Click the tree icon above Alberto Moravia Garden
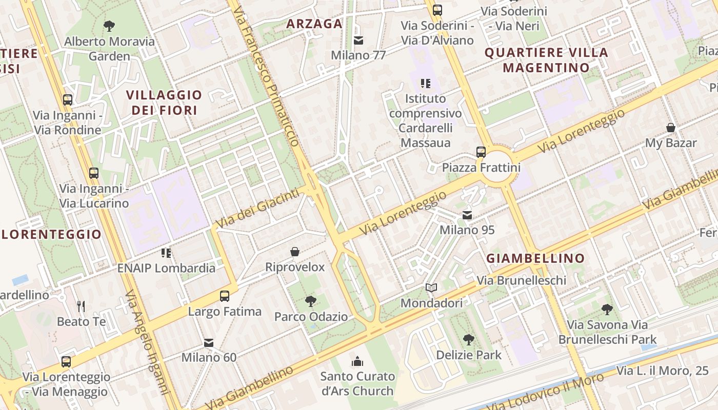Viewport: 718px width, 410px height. click(x=109, y=26)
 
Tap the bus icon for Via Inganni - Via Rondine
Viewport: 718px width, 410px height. click(x=68, y=99)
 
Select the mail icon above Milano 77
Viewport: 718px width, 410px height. click(x=358, y=40)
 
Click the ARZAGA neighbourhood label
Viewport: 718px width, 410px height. click(x=314, y=24)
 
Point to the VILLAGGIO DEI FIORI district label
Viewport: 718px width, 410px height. click(x=164, y=102)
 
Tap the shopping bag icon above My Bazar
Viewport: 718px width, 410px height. click(x=670, y=128)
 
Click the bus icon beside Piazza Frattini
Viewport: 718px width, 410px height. click(x=481, y=152)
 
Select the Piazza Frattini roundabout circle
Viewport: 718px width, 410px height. click(x=497, y=167)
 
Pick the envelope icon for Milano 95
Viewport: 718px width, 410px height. click(x=467, y=215)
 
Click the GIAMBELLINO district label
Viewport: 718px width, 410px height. click(x=535, y=258)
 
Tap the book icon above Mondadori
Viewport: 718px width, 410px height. click(x=431, y=288)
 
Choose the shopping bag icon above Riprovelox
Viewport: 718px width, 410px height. click(x=295, y=252)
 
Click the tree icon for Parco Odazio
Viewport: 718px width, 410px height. click(x=310, y=301)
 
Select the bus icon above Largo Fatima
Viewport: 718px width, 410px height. click(x=225, y=296)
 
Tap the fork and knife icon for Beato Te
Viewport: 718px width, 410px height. click(x=81, y=306)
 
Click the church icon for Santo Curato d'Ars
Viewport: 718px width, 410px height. click(x=357, y=362)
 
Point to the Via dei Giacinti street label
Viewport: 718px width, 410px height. click(x=257, y=209)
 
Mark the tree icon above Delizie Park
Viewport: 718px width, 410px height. click(x=468, y=339)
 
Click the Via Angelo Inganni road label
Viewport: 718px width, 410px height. click(x=147, y=342)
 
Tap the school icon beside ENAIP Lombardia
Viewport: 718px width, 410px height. click(x=166, y=253)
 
